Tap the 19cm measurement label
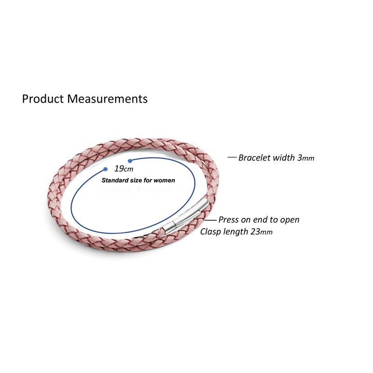click(x=124, y=169)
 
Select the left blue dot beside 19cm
click(x=105, y=169)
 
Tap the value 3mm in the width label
click(x=305, y=158)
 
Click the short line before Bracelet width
click(x=232, y=157)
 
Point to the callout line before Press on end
click(x=211, y=220)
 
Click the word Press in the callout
click(x=228, y=220)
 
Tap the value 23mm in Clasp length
click(x=260, y=232)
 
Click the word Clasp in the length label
click(x=210, y=232)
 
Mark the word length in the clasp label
click(x=235, y=232)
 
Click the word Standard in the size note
click(x=114, y=180)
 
